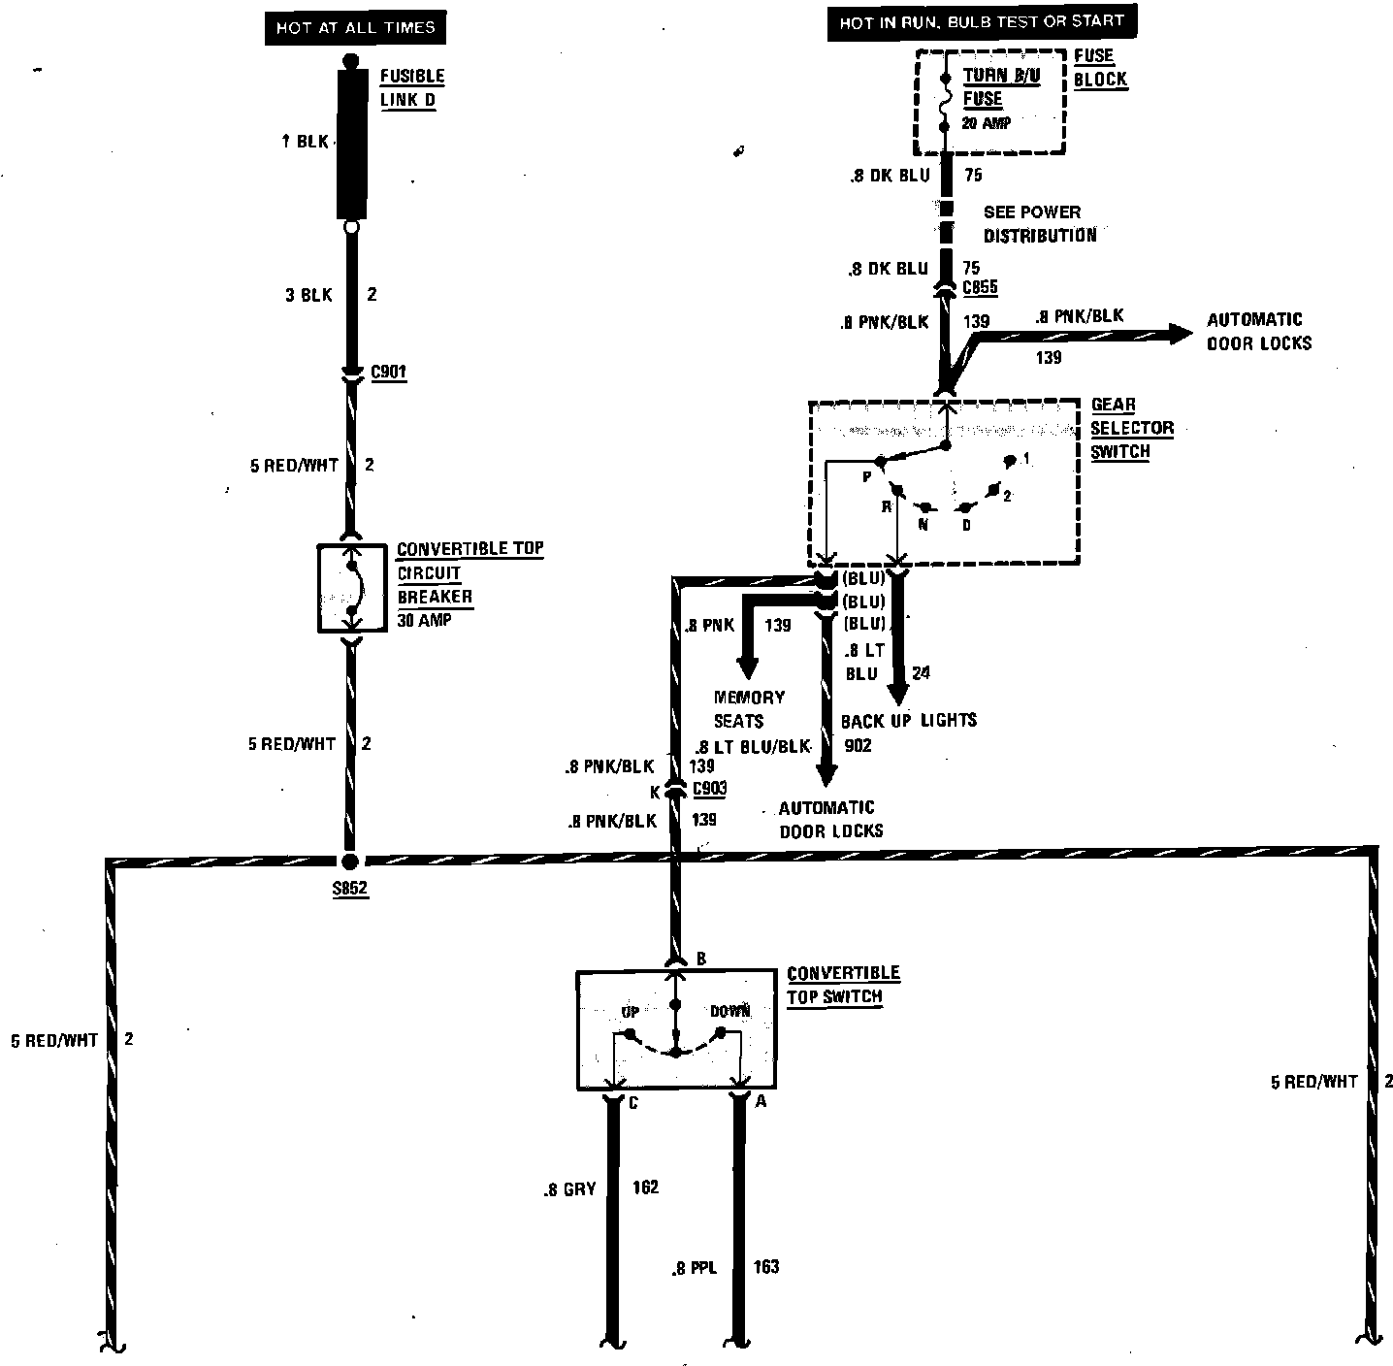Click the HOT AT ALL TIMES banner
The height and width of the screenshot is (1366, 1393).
click(x=355, y=28)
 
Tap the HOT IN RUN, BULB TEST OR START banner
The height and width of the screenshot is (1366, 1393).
click(x=982, y=21)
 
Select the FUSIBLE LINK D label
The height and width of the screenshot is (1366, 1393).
click(x=411, y=88)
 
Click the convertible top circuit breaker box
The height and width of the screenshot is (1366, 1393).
click(x=352, y=588)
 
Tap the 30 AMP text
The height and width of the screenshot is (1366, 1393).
click(x=424, y=621)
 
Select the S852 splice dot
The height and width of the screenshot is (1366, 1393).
click(x=349, y=861)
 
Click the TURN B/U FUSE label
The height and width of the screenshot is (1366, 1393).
click(x=1000, y=86)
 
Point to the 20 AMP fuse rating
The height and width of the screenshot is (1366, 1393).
click(x=986, y=123)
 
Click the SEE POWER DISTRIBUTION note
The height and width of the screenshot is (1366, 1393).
click(x=1039, y=224)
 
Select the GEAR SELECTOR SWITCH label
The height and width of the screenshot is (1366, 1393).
click(x=1131, y=428)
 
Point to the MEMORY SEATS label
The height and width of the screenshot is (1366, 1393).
click(x=748, y=709)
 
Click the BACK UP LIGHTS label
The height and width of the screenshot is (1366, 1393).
click(x=908, y=721)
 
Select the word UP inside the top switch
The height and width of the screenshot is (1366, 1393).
click(x=630, y=1012)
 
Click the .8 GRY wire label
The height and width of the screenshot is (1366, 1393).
click(x=569, y=1188)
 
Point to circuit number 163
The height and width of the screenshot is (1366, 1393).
click(x=765, y=1267)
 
